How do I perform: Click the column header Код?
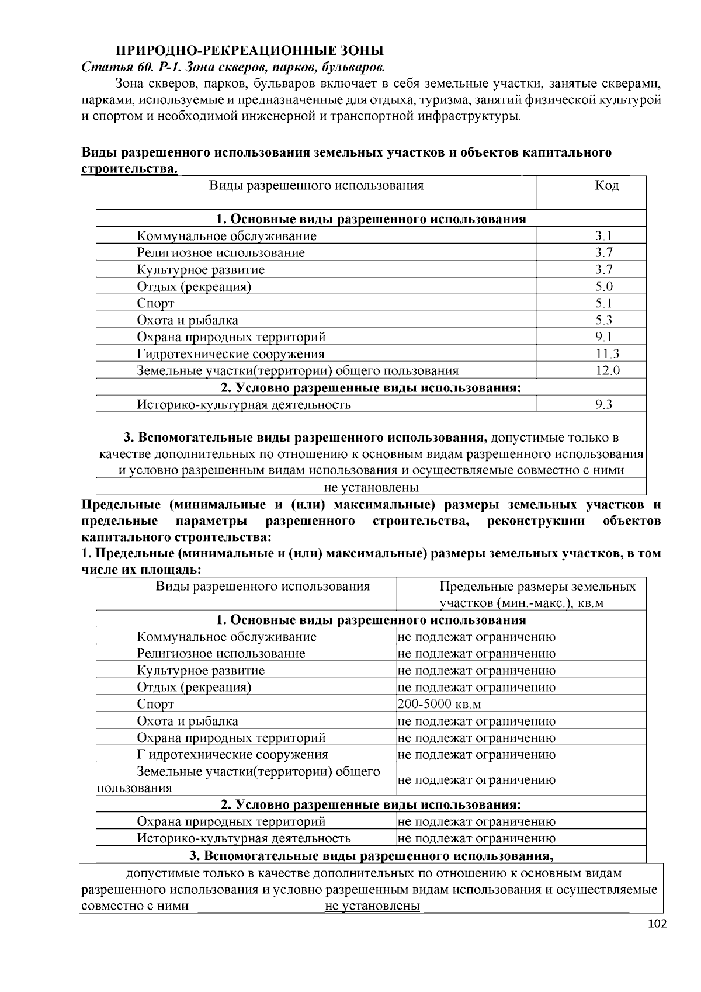606,186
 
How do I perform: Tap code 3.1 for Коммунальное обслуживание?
603,236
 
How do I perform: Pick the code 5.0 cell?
603,286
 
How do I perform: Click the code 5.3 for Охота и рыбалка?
603,320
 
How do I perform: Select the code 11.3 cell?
607,353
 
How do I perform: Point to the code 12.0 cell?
607,370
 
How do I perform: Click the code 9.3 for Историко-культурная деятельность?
603,404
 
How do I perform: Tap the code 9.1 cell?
603,337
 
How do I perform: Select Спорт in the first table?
155,303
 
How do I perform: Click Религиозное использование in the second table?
221,654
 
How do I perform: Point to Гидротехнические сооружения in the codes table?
230,354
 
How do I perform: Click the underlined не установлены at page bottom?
372,906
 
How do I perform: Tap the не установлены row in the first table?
372,487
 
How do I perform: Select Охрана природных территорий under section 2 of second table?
231,821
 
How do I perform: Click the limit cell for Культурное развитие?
477,671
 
